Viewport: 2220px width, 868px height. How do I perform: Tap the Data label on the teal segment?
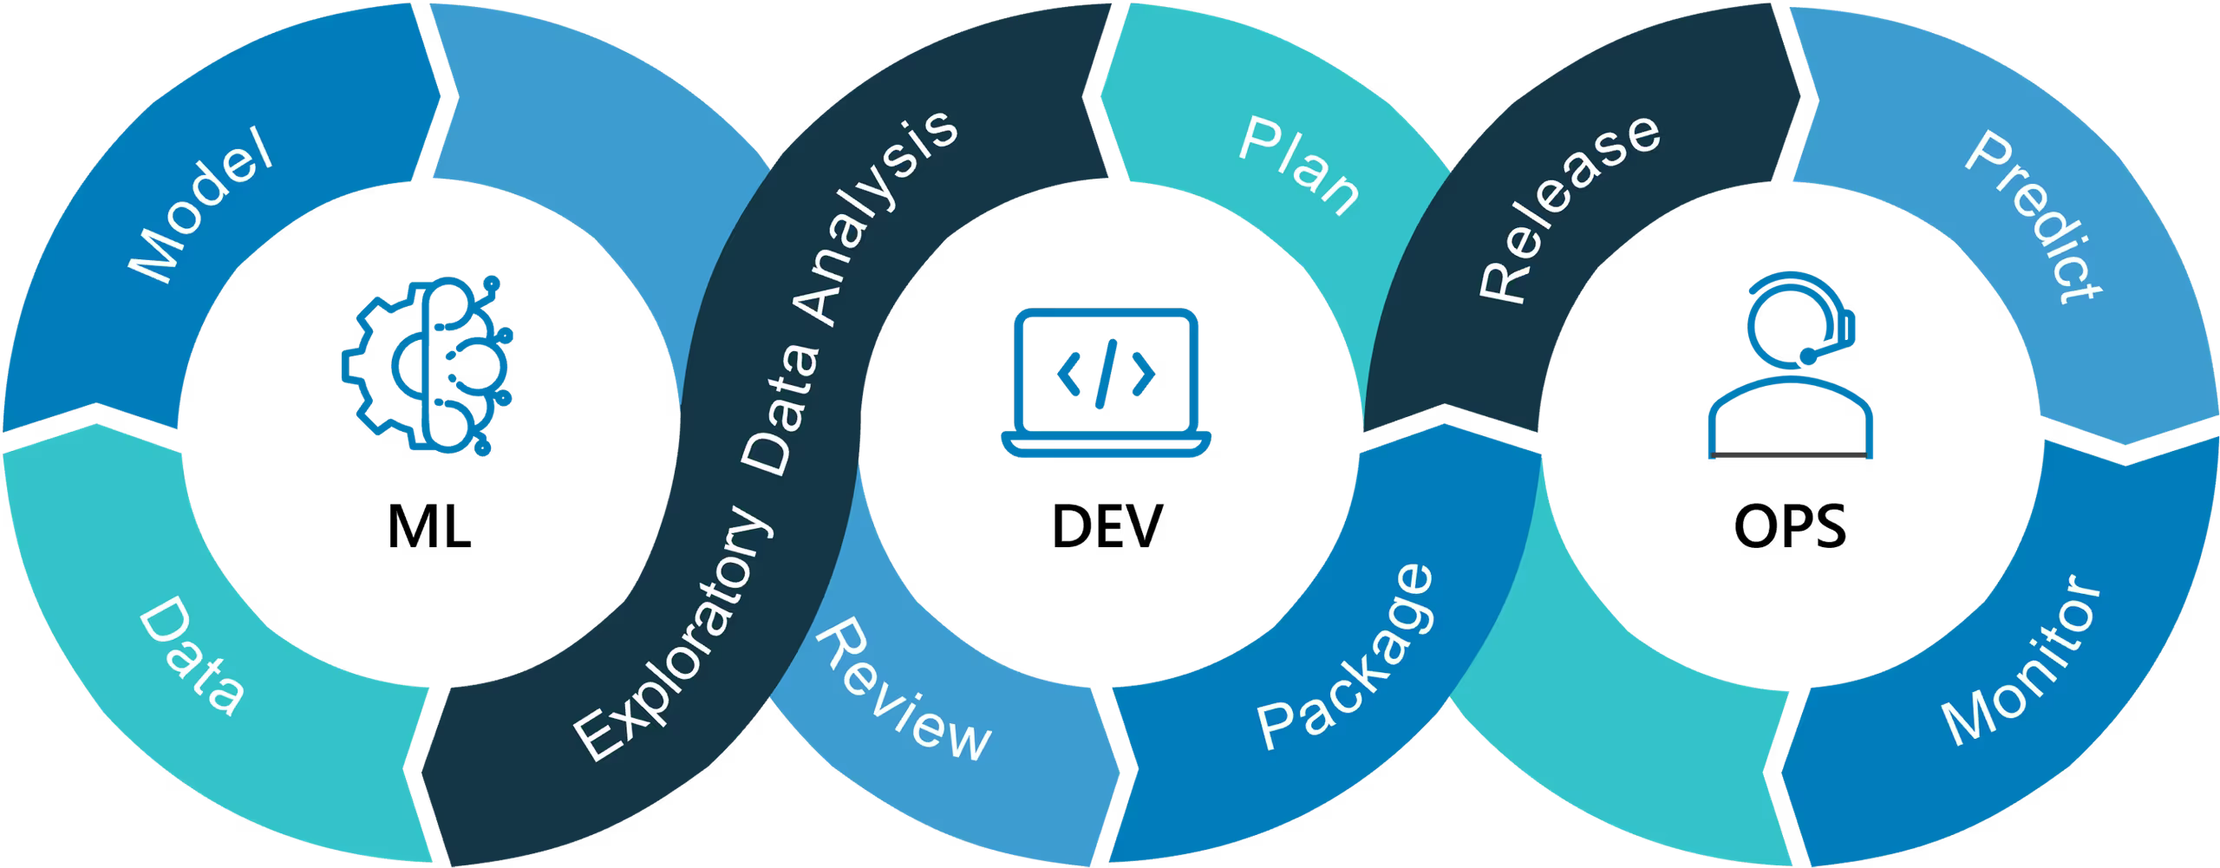(x=191, y=659)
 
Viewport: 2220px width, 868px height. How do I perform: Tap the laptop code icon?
(x=1106, y=382)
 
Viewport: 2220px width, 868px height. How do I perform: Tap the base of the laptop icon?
(x=1106, y=443)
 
